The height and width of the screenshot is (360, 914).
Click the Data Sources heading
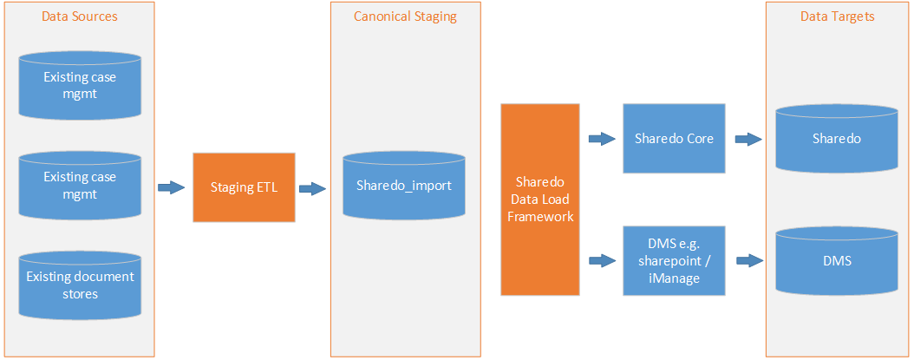click(x=79, y=16)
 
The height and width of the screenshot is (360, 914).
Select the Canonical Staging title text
click(x=405, y=16)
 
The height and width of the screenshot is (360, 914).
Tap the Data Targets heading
click(x=837, y=16)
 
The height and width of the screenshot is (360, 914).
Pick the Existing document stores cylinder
click(x=80, y=285)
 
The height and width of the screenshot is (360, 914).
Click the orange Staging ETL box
click(x=244, y=187)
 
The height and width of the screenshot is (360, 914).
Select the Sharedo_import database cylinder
click(x=404, y=186)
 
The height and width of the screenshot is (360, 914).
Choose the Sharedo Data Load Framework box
click(x=539, y=199)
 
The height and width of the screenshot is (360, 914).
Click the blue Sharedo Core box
click(x=674, y=138)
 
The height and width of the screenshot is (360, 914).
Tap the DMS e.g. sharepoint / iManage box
click(x=674, y=259)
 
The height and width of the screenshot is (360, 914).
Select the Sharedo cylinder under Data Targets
click(x=837, y=138)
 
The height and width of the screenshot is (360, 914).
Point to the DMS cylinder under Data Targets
click(x=837, y=259)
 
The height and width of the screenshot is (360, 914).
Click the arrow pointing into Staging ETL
click(x=172, y=187)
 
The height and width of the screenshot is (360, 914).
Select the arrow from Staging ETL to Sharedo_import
click(x=312, y=187)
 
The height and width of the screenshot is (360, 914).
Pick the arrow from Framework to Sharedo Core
click(x=601, y=138)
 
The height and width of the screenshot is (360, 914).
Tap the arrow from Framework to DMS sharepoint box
click(x=601, y=259)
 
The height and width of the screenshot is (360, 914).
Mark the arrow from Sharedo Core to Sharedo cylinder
click(x=748, y=138)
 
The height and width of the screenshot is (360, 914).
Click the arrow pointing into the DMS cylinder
click(x=748, y=259)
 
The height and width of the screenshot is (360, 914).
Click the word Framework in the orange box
click(x=539, y=216)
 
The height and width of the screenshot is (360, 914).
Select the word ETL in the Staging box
click(x=266, y=187)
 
